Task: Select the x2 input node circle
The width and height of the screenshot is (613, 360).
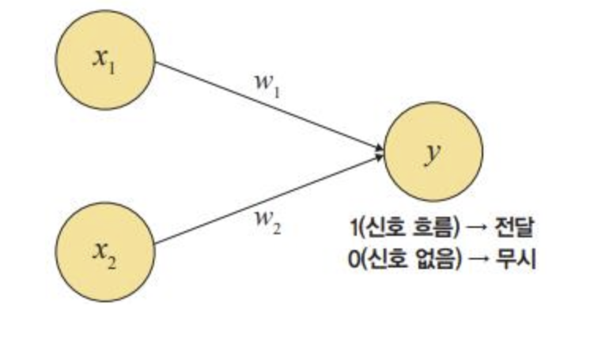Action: point(106,251)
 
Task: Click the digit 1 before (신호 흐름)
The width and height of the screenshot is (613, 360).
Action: point(354,229)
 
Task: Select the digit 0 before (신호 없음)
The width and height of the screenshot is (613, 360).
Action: point(354,259)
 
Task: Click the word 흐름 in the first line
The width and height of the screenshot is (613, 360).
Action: point(427,229)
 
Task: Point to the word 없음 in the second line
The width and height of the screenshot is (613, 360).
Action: point(427,259)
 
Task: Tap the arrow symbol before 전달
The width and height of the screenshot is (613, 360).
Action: point(478,229)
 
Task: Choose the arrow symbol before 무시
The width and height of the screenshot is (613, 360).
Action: point(478,259)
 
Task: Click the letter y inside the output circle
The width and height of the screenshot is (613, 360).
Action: point(432,152)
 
